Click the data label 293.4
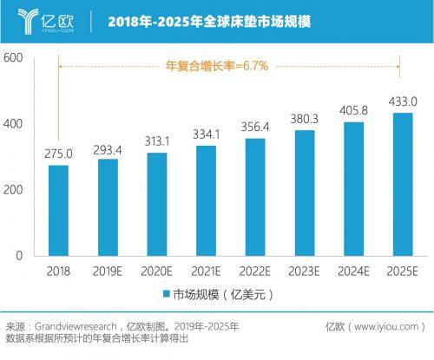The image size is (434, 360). click(108, 149)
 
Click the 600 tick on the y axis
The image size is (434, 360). click(13, 58)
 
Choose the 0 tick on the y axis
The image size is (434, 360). click(18, 257)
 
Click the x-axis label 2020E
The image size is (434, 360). click(157, 271)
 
